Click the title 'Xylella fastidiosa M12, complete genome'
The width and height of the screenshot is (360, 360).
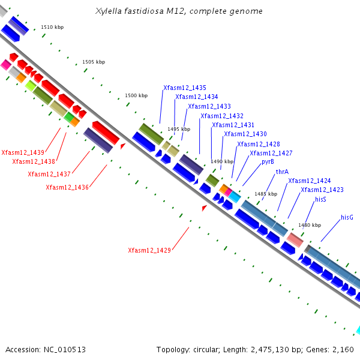(179, 11)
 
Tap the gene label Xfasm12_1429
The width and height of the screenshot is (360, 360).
(149, 250)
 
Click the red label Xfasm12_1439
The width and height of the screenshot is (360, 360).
(23, 152)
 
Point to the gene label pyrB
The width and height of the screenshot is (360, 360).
(268, 162)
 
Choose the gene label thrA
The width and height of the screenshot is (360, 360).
(282, 172)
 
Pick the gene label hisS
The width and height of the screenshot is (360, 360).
(320, 199)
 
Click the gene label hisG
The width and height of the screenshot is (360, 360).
(347, 217)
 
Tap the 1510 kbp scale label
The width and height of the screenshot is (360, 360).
(52, 27)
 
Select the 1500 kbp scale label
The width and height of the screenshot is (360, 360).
(136, 96)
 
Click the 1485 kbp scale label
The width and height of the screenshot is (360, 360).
(266, 194)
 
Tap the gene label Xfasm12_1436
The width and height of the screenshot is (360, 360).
(67, 187)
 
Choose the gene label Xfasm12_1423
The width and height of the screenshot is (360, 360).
(322, 190)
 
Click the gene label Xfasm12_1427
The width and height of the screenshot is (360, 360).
(271, 153)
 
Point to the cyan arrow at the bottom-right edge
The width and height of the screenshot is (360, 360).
(358, 330)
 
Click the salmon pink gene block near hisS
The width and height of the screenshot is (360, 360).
(295, 239)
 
